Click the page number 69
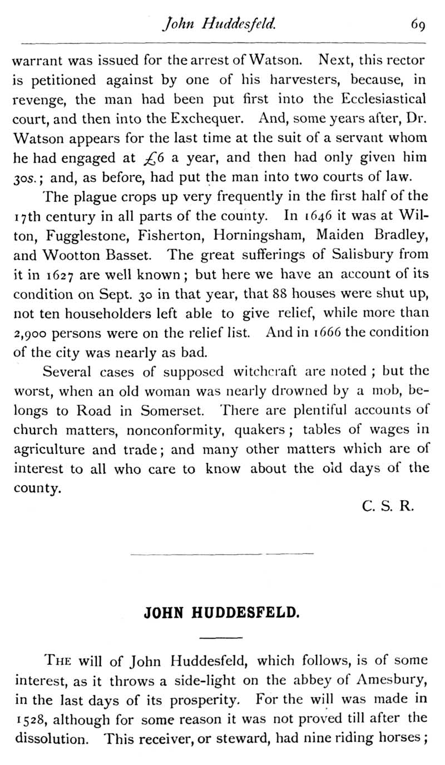[x=418, y=24]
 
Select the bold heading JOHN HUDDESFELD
[x=222, y=613]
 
